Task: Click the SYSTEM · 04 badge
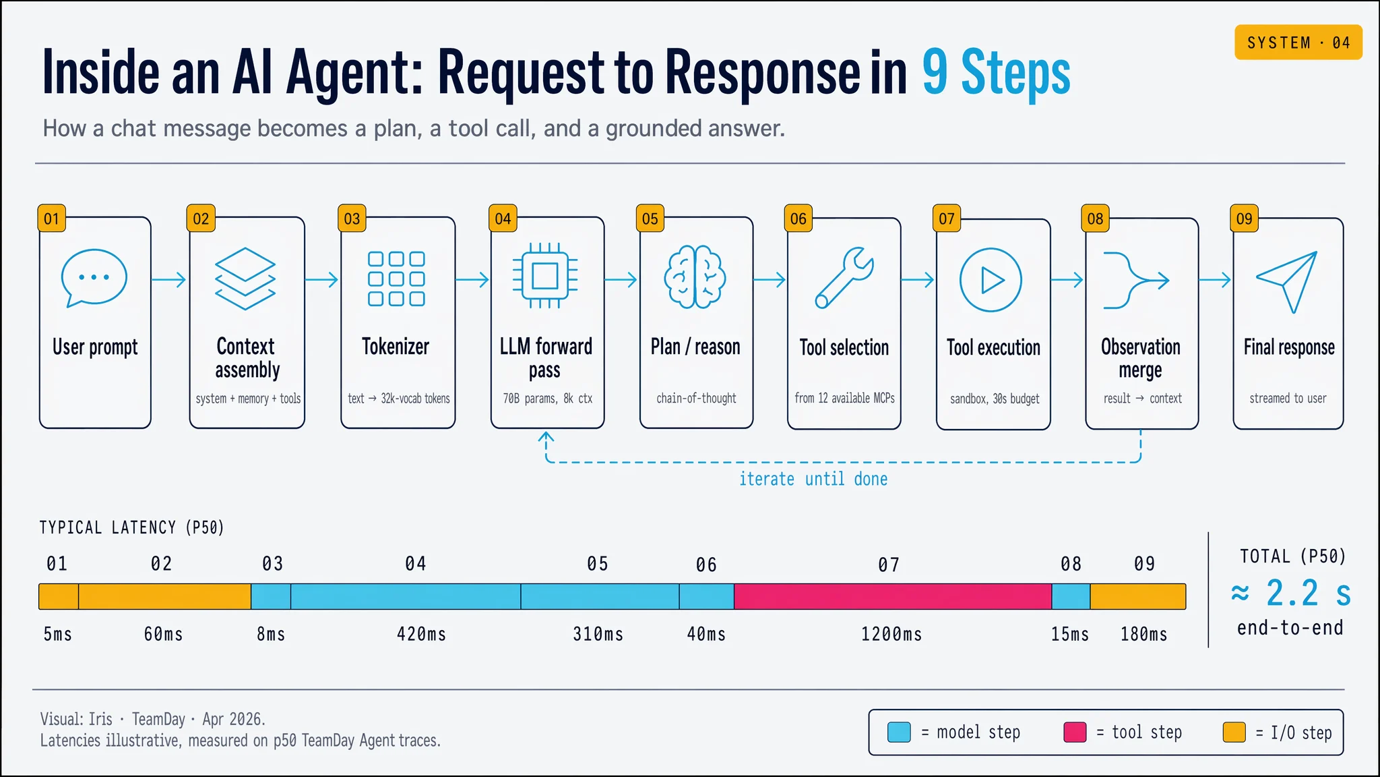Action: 1298,42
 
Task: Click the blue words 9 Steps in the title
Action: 995,72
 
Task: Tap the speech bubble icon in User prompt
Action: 94,278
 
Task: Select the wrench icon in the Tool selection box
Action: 844,278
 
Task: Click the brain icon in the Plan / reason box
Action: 695,278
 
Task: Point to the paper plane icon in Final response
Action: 1287,281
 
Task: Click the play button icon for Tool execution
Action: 991,280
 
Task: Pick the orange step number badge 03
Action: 352,219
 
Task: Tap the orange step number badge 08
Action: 1095,219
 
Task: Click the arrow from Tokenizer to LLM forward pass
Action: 472,279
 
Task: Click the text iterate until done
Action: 813,479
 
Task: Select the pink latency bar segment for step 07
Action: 892,597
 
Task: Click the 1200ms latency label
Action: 891,634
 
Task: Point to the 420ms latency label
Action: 421,634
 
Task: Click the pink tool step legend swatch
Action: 1075,732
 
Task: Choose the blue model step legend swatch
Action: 899,732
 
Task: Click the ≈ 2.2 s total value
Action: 1290,594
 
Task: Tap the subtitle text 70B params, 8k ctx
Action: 547,399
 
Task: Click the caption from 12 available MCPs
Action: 844,399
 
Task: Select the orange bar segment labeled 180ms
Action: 1137,597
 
